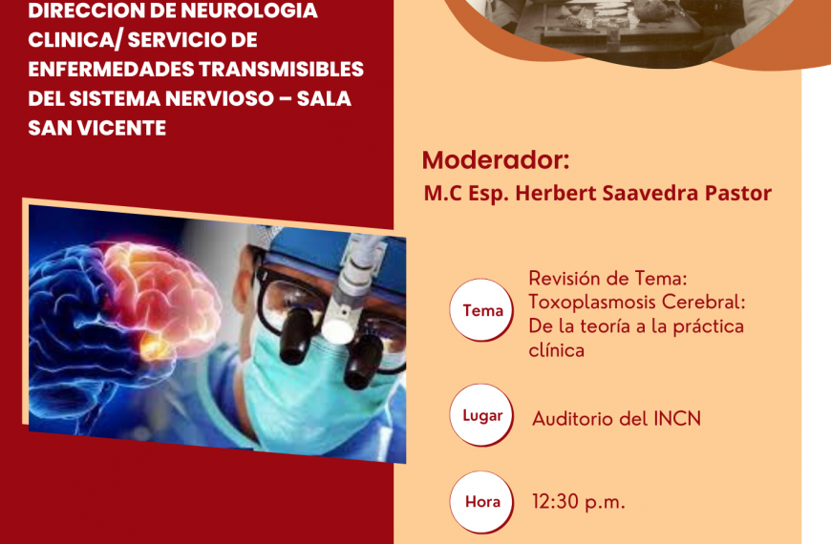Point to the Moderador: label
pos(496,160)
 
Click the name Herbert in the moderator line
pos(556,193)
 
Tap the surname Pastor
pos(737,193)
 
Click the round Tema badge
pos(481,310)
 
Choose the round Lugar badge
pos(481,415)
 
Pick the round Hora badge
pos(481,502)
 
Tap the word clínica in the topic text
pos(557,349)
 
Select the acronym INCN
pos(677,419)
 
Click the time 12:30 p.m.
pos(579,502)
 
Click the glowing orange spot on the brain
pos(155,347)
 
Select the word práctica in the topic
pos(708,326)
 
